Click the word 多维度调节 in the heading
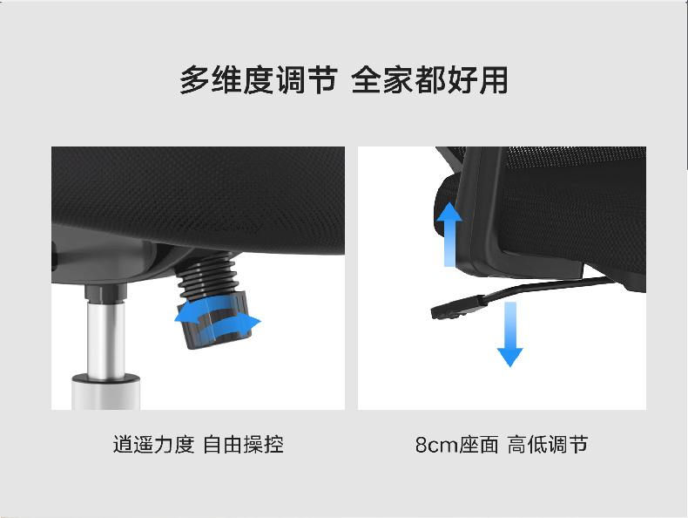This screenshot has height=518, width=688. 259,80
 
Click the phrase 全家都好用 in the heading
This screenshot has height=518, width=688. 430,80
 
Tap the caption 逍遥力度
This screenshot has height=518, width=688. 153,444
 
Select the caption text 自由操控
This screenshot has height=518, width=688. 243,444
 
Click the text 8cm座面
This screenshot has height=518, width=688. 456,444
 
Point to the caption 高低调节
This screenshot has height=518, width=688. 548,444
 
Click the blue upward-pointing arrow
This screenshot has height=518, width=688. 449,235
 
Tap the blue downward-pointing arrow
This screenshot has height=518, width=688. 509,334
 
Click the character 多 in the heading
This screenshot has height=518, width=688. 194,80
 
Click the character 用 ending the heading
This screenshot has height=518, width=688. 494,80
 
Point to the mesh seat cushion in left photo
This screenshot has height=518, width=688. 199,198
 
